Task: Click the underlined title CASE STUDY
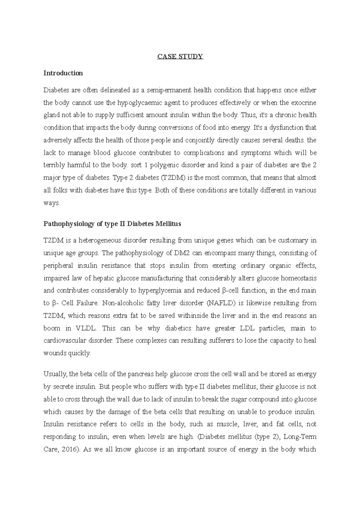[x=180, y=56]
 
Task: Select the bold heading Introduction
[x=63, y=73]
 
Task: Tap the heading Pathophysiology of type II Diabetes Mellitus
[x=112, y=224]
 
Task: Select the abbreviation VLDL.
[x=86, y=328]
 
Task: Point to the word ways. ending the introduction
[x=52, y=203]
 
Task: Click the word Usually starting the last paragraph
[x=56, y=374]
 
